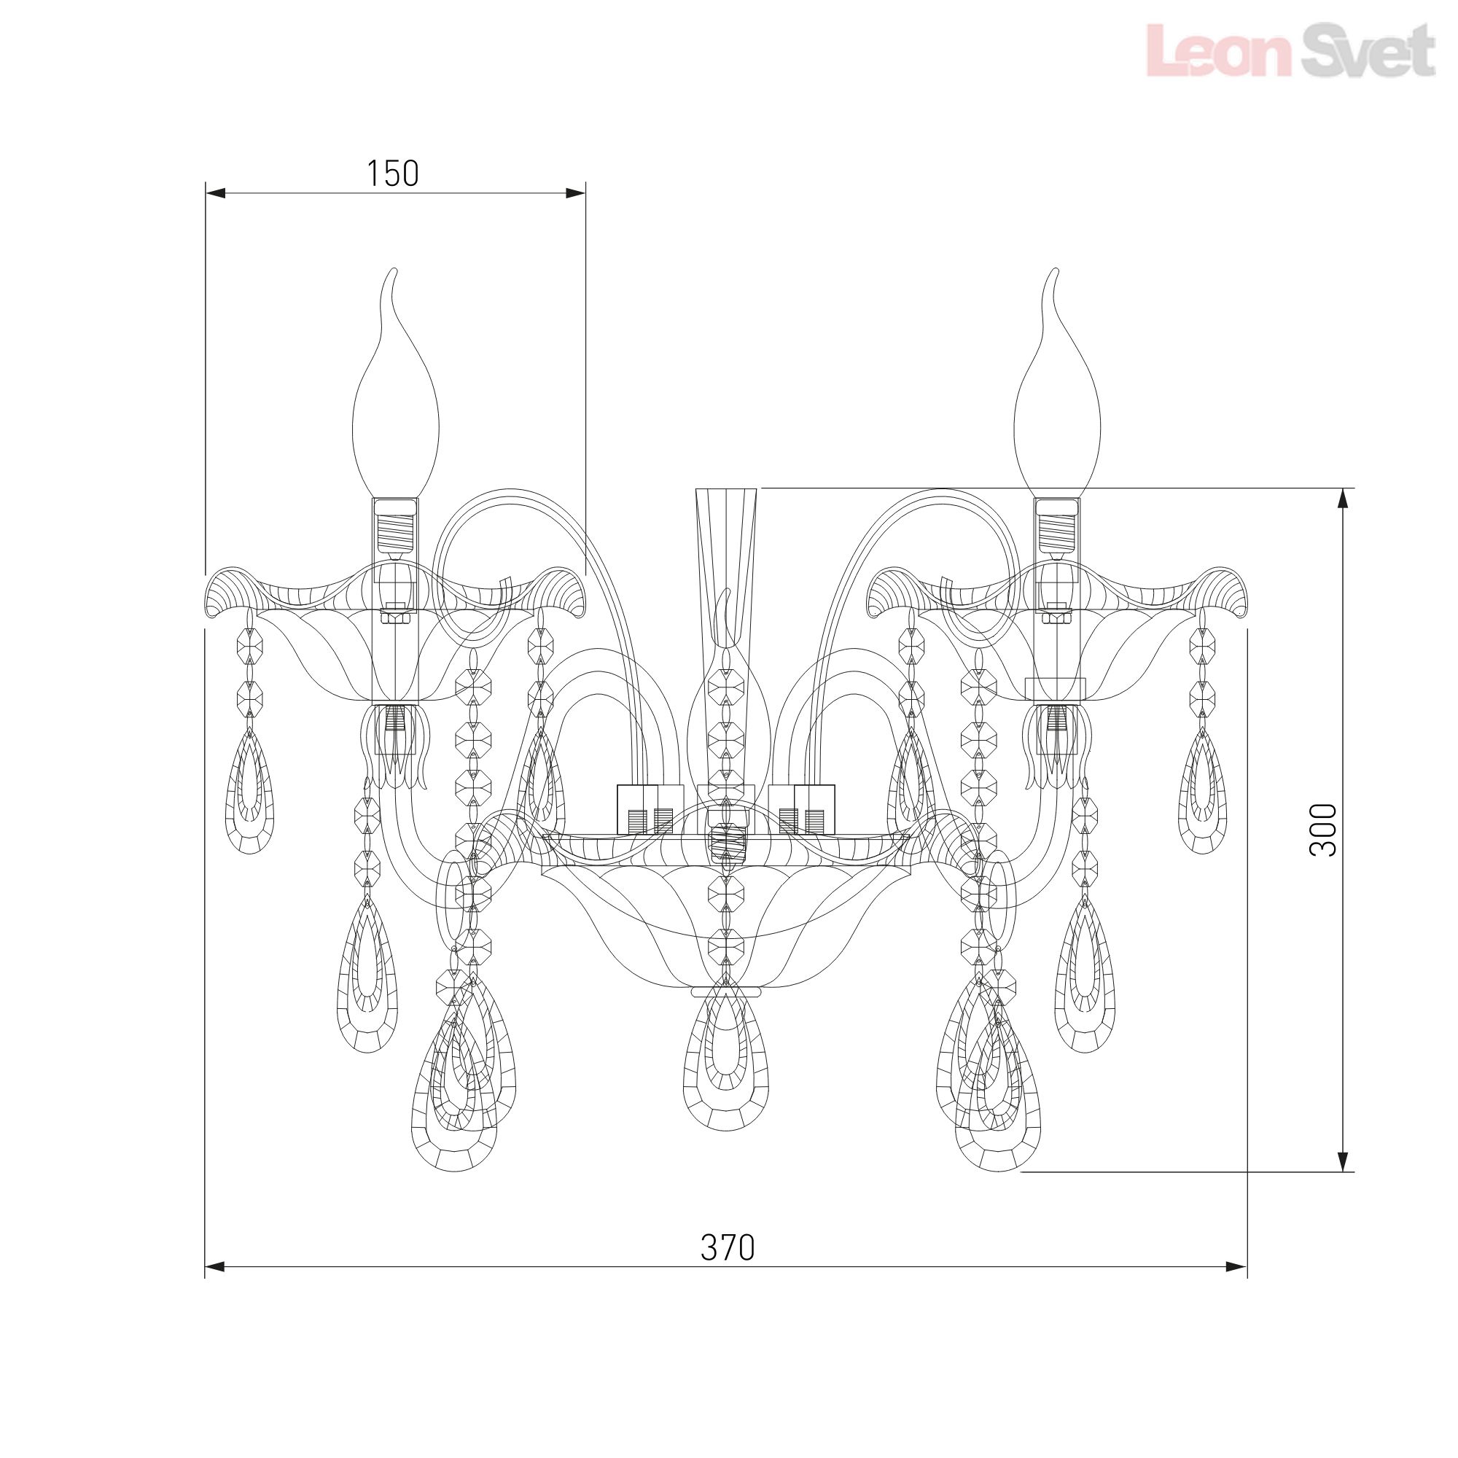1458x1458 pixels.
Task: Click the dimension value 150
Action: point(392,174)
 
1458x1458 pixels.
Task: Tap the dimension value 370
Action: point(728,1247)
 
